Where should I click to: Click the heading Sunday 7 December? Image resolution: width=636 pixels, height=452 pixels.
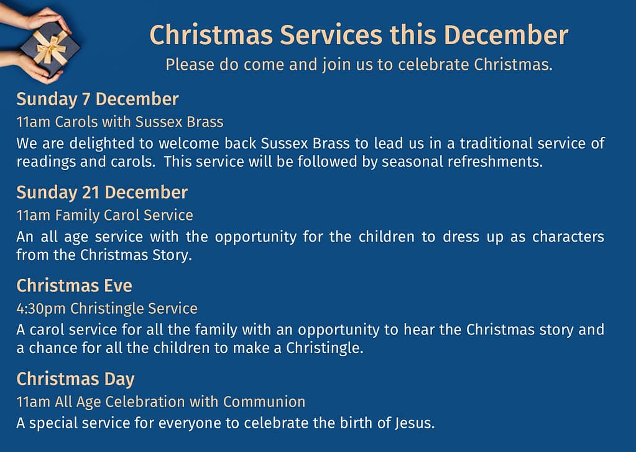point(98,99)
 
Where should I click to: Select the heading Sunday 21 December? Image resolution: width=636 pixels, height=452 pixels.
point(102,192)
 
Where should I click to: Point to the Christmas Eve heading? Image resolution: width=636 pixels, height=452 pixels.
point(74,286)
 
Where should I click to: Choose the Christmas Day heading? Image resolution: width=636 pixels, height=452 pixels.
point(75,379)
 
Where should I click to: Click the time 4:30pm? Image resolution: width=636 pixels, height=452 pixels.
point(41,309)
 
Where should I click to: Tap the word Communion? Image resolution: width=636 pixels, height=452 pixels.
point(264,402)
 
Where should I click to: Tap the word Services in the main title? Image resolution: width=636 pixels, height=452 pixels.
point(331,35)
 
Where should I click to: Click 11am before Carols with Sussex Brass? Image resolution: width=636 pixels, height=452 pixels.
point(34,122)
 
